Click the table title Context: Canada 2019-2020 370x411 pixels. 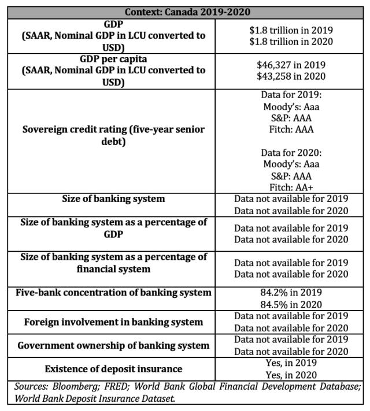pos(184,12)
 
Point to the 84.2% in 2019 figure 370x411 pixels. pos(291,293)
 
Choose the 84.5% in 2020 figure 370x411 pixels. pos(291,304)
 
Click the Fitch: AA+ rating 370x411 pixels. pos(291,187)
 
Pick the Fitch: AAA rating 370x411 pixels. pos(291,129)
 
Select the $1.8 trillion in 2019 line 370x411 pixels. pos(291,29)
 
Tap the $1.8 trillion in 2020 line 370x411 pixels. pos(291,41)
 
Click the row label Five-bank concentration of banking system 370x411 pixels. pos(113,293)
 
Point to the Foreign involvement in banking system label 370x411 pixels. pos(113,322)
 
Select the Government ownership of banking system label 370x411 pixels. pos(113,345)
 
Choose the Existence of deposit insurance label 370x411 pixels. pos(113,368)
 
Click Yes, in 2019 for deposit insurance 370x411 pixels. pos(291,363)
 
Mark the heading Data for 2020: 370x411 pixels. pos(291,152)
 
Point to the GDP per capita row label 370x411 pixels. pos(113,59)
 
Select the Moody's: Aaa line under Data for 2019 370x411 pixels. pos(291,106)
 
